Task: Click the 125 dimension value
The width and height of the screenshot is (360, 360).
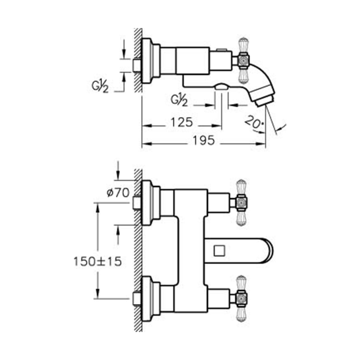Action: tap(182, 122)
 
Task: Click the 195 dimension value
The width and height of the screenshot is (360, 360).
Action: tap(204, 140)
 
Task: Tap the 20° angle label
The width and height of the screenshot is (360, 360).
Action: tap(254, 122)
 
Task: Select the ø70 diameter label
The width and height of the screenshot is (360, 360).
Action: tap(118, 193)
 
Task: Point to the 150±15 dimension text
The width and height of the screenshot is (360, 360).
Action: tap(97, 261)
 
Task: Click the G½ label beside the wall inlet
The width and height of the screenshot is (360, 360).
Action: tap(100, 86)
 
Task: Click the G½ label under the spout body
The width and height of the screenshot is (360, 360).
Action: tap(179, 100)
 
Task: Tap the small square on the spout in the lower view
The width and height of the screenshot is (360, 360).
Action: tap(219, 250)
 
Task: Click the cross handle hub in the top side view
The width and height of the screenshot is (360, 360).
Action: tap(243, 60)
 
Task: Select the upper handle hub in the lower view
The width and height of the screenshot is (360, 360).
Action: tap(241, 202)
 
